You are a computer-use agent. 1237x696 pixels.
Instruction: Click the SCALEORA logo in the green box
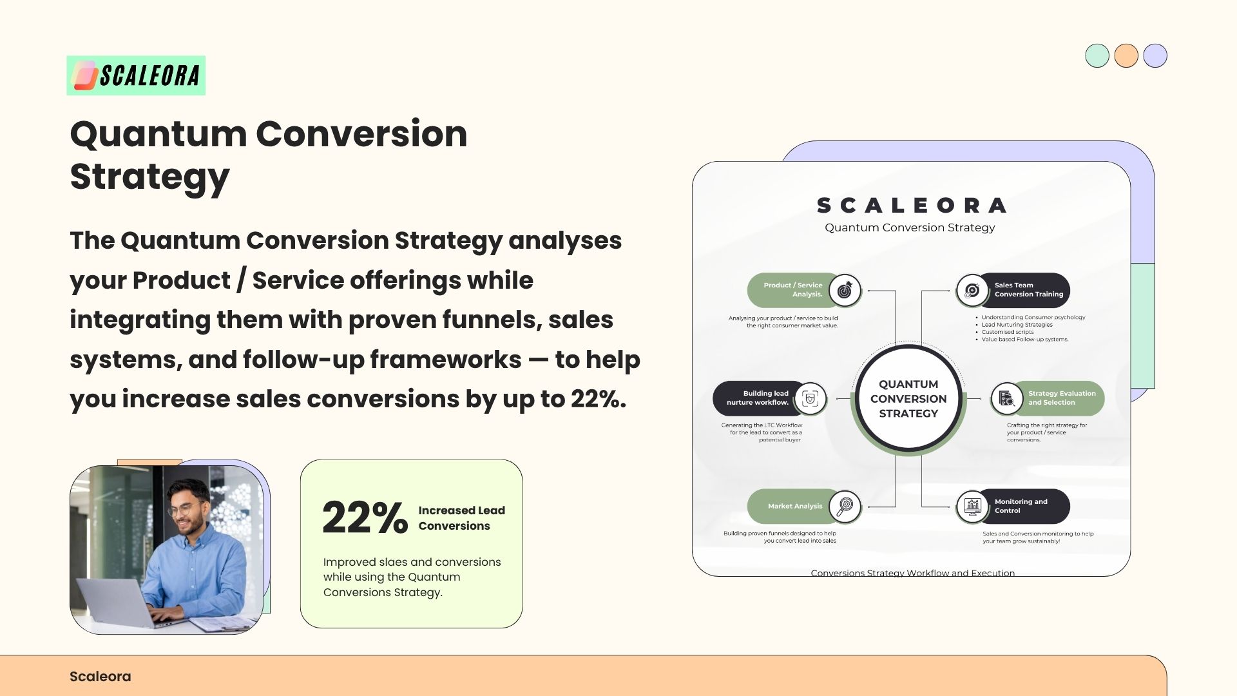click(136, 75)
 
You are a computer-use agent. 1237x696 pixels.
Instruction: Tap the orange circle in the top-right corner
click(1126, 55)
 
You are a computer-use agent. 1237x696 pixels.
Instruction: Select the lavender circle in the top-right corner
click(1155, 55)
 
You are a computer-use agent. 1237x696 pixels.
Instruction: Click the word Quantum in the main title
click(158, 135)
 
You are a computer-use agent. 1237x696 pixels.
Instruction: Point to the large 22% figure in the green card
click(365, 517)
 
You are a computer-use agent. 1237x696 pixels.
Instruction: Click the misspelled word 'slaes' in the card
click(394, 562)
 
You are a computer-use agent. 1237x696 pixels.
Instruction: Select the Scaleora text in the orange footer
click(101, 677)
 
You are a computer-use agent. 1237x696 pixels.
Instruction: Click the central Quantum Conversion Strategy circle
click(908, 399)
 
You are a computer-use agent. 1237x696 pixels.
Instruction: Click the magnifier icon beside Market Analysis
click(845, 507)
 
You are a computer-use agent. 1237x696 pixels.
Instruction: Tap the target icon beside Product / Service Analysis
click(845, 291)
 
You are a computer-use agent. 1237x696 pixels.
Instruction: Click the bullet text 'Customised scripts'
click(1008, 332)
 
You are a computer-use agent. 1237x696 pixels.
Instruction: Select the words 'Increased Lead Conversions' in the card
click(462, 518)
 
